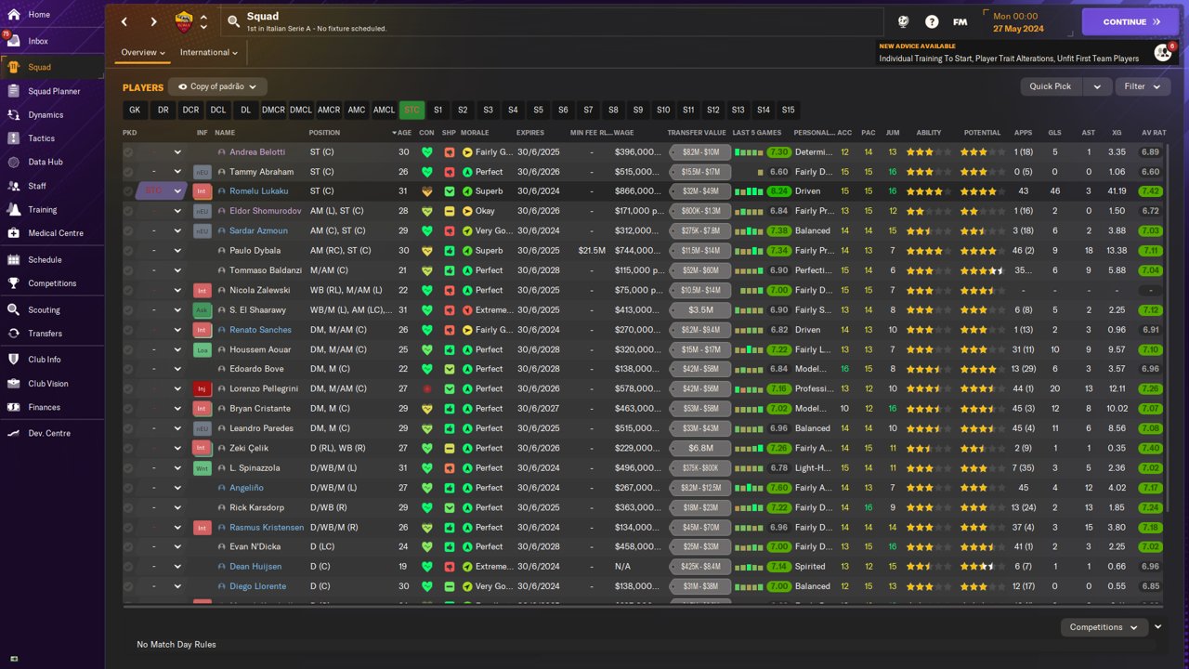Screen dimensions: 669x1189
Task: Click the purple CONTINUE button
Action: [x=1130, y=21]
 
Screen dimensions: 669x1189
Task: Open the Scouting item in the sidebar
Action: [x=44, y=309]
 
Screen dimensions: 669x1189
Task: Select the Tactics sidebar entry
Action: [x=41, y=138]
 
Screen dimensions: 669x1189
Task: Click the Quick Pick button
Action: [x=1051, y=86]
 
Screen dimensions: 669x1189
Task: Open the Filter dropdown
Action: [x=1142, y=86]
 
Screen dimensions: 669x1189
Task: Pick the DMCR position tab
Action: [x=273, y=110]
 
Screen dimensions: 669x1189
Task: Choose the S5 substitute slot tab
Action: [x=538, y=110]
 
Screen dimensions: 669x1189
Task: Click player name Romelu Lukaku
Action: [x=258, y=191]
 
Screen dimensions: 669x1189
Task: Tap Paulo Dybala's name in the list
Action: [x=255, y=251]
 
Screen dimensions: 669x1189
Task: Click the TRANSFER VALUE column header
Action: [x=696, y=133]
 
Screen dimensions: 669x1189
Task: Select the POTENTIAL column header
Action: [x=982, y=133]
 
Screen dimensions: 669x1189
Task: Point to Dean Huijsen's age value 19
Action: [x=403, y=567]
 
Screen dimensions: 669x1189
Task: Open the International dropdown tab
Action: [x=209, y=53]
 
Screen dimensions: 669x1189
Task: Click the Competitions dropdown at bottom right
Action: [x=1103, y=627]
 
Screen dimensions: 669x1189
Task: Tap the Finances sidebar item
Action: [x=44, y=407]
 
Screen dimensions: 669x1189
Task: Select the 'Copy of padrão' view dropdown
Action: [x=218, y=86]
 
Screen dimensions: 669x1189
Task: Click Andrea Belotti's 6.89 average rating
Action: [x=1150, y=152]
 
